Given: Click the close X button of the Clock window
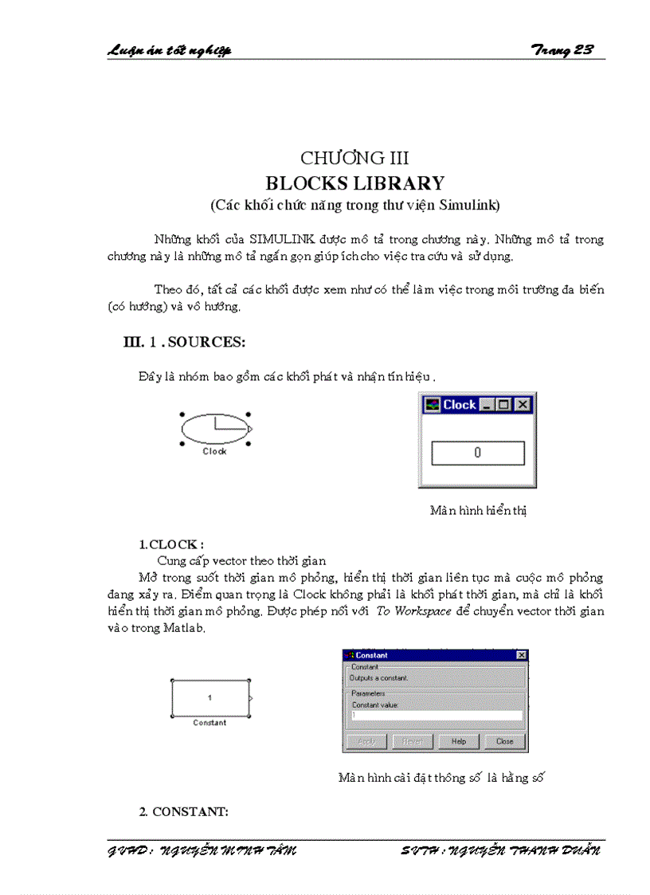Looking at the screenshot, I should pos(523,405).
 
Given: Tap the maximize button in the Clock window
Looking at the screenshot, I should pos(504,405).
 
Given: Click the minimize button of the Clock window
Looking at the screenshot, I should pos(487,405).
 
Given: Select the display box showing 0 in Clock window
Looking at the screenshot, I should pos(477,453).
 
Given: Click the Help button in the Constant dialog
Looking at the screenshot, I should pos(458,741).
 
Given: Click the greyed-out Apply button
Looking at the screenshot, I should pos(366,741).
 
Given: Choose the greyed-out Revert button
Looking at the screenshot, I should pos(412,741).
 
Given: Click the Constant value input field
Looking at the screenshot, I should pos(436,715).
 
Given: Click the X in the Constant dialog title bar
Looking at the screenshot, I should pos(521,655).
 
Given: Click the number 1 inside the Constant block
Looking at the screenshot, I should pos(210,698).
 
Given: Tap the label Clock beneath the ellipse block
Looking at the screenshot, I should pos(214,451).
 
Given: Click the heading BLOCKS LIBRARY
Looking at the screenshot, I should pos(354,183).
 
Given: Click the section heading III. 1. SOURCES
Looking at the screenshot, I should pos(184,342).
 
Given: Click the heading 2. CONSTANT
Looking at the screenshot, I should pos(184,812).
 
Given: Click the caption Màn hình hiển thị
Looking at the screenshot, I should pos(478,510).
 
